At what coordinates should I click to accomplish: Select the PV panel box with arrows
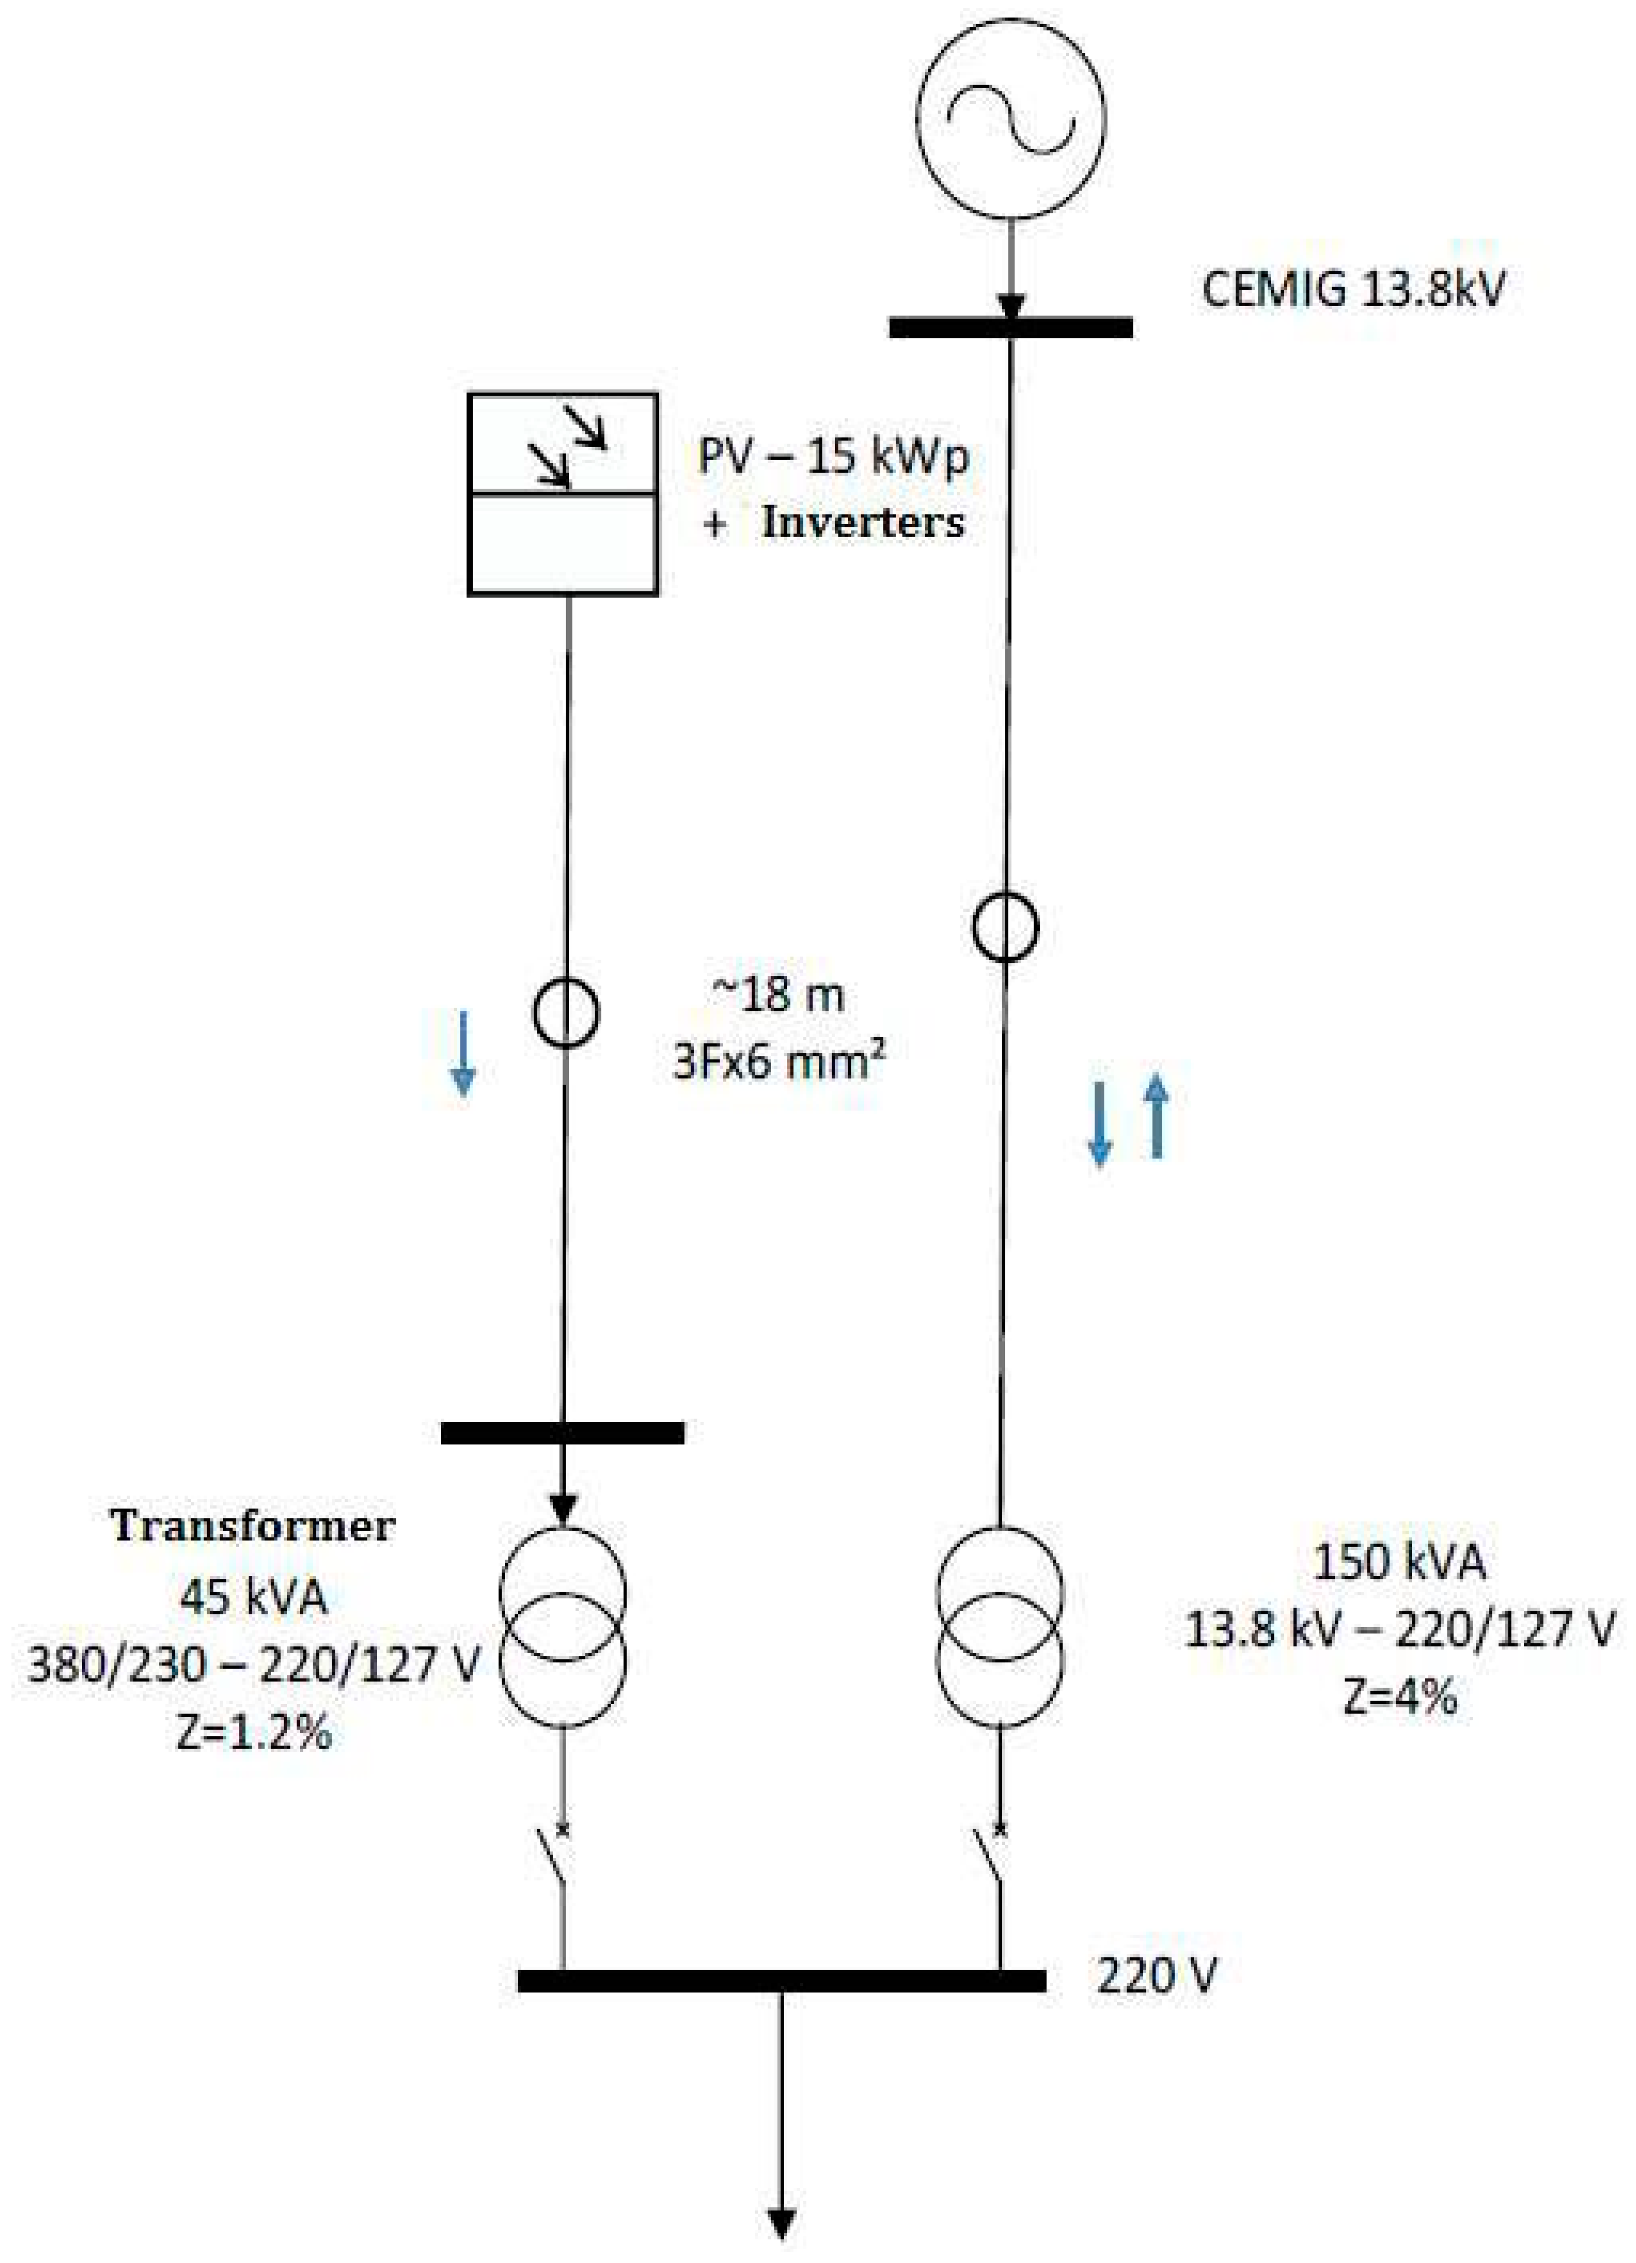(562, 494)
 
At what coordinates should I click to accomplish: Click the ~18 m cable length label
(777, 995)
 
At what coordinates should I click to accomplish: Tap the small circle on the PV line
(565, 1013)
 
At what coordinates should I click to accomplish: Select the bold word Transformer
(252, 1526)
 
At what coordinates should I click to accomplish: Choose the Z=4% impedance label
(1399, 1696)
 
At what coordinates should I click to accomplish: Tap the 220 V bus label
(1156, 1975)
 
